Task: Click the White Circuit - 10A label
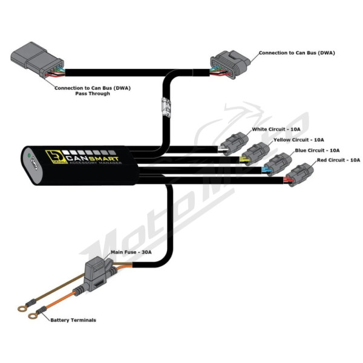[x=276, y=129]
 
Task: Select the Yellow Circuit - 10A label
[x=299, y=140]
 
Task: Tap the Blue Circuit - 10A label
[x=317, y=151]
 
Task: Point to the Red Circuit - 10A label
[x=338, y=160]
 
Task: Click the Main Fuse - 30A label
[x=131, y=252]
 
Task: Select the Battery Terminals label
[x=73, y=320]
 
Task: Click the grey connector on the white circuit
[x=234, y=143]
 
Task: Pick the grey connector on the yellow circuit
[x=256, y=154]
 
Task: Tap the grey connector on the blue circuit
[x=278, y=164]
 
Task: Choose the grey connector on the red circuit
[x=299, y=175]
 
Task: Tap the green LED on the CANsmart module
[x=29, y=155]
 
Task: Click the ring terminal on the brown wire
[x=22, y=309]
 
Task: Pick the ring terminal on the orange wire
[x=33, y=315]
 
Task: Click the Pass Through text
[x=93, y=94]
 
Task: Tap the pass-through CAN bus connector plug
[x=37, y=60]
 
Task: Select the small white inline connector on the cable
[x=166, y=107]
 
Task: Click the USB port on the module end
[x=34, y=163]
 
